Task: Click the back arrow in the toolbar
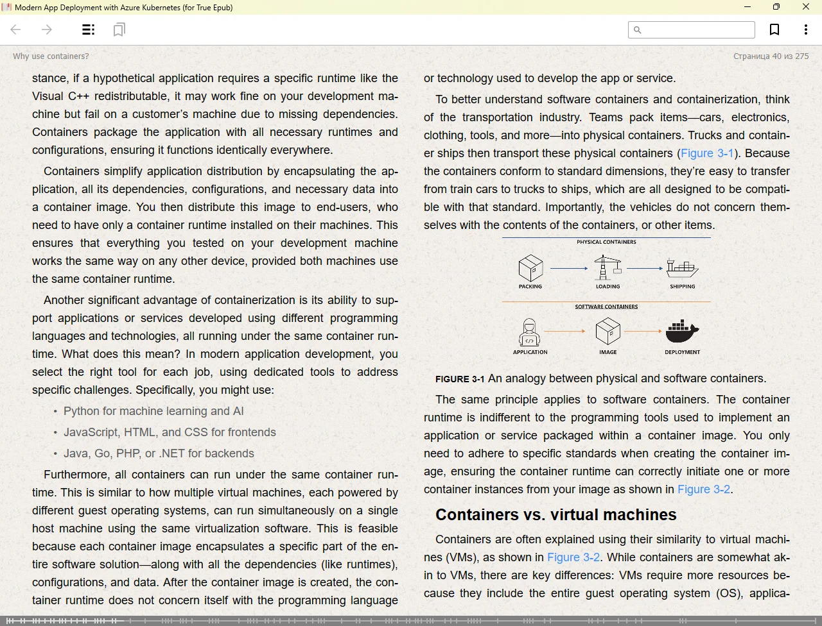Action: coord(16,30)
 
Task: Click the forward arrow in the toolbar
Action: coord(47,30)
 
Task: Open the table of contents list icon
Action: coord(89,30)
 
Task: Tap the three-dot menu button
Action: coord(806,30)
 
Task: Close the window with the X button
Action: coord(806,7)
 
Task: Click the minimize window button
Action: coord(748,7)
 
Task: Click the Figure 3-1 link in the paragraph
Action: coord(707,153)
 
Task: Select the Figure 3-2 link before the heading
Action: coord(704,489)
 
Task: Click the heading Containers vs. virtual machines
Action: coord(555,515)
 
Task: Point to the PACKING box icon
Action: coord(530,268)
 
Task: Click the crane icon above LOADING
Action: coord(608,267)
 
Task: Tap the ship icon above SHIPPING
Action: coord(682,267)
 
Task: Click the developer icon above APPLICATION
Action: coord(530,332)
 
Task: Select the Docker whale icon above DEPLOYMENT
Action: coord(682,332)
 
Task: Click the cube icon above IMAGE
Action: coord(608,332)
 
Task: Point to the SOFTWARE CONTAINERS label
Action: coord(606,307)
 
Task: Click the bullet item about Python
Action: coord(153,411)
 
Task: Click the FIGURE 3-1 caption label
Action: coord(460,379)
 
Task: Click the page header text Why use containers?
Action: coord(51,56)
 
